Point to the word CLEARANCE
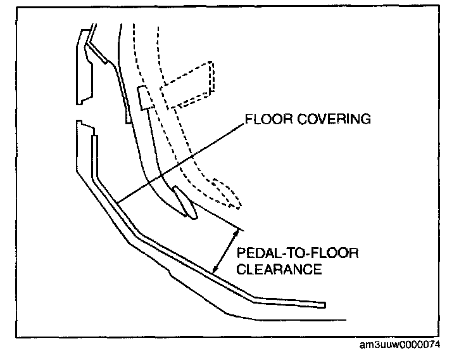point(279,269)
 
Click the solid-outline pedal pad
point(184,202)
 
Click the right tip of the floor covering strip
point(324,305)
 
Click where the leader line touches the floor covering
point(118,204)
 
